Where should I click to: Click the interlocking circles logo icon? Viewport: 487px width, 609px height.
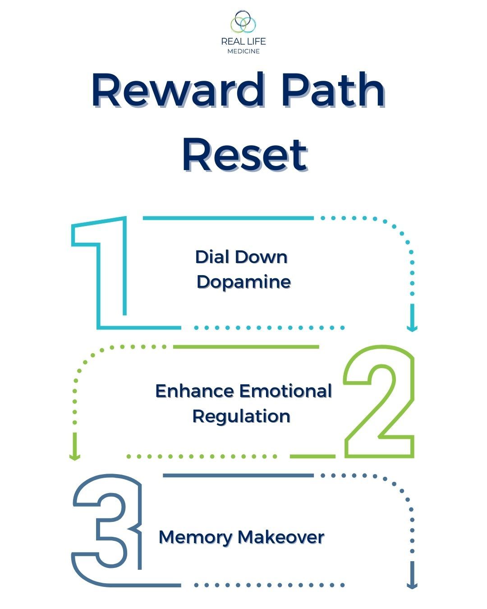(x=243, y=22)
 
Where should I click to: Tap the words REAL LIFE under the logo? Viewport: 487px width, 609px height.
(x=243, y=42)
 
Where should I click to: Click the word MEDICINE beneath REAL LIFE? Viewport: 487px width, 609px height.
(x=243, y=51)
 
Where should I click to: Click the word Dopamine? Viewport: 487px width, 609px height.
(x=243, y=282)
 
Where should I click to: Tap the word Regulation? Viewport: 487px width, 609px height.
(x=241, y=416)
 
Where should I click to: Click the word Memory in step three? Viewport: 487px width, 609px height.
(x=196, y=537)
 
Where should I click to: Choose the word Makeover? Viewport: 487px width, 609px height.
(x=280, y=537)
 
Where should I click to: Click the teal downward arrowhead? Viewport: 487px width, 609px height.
(x=412, y=327)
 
